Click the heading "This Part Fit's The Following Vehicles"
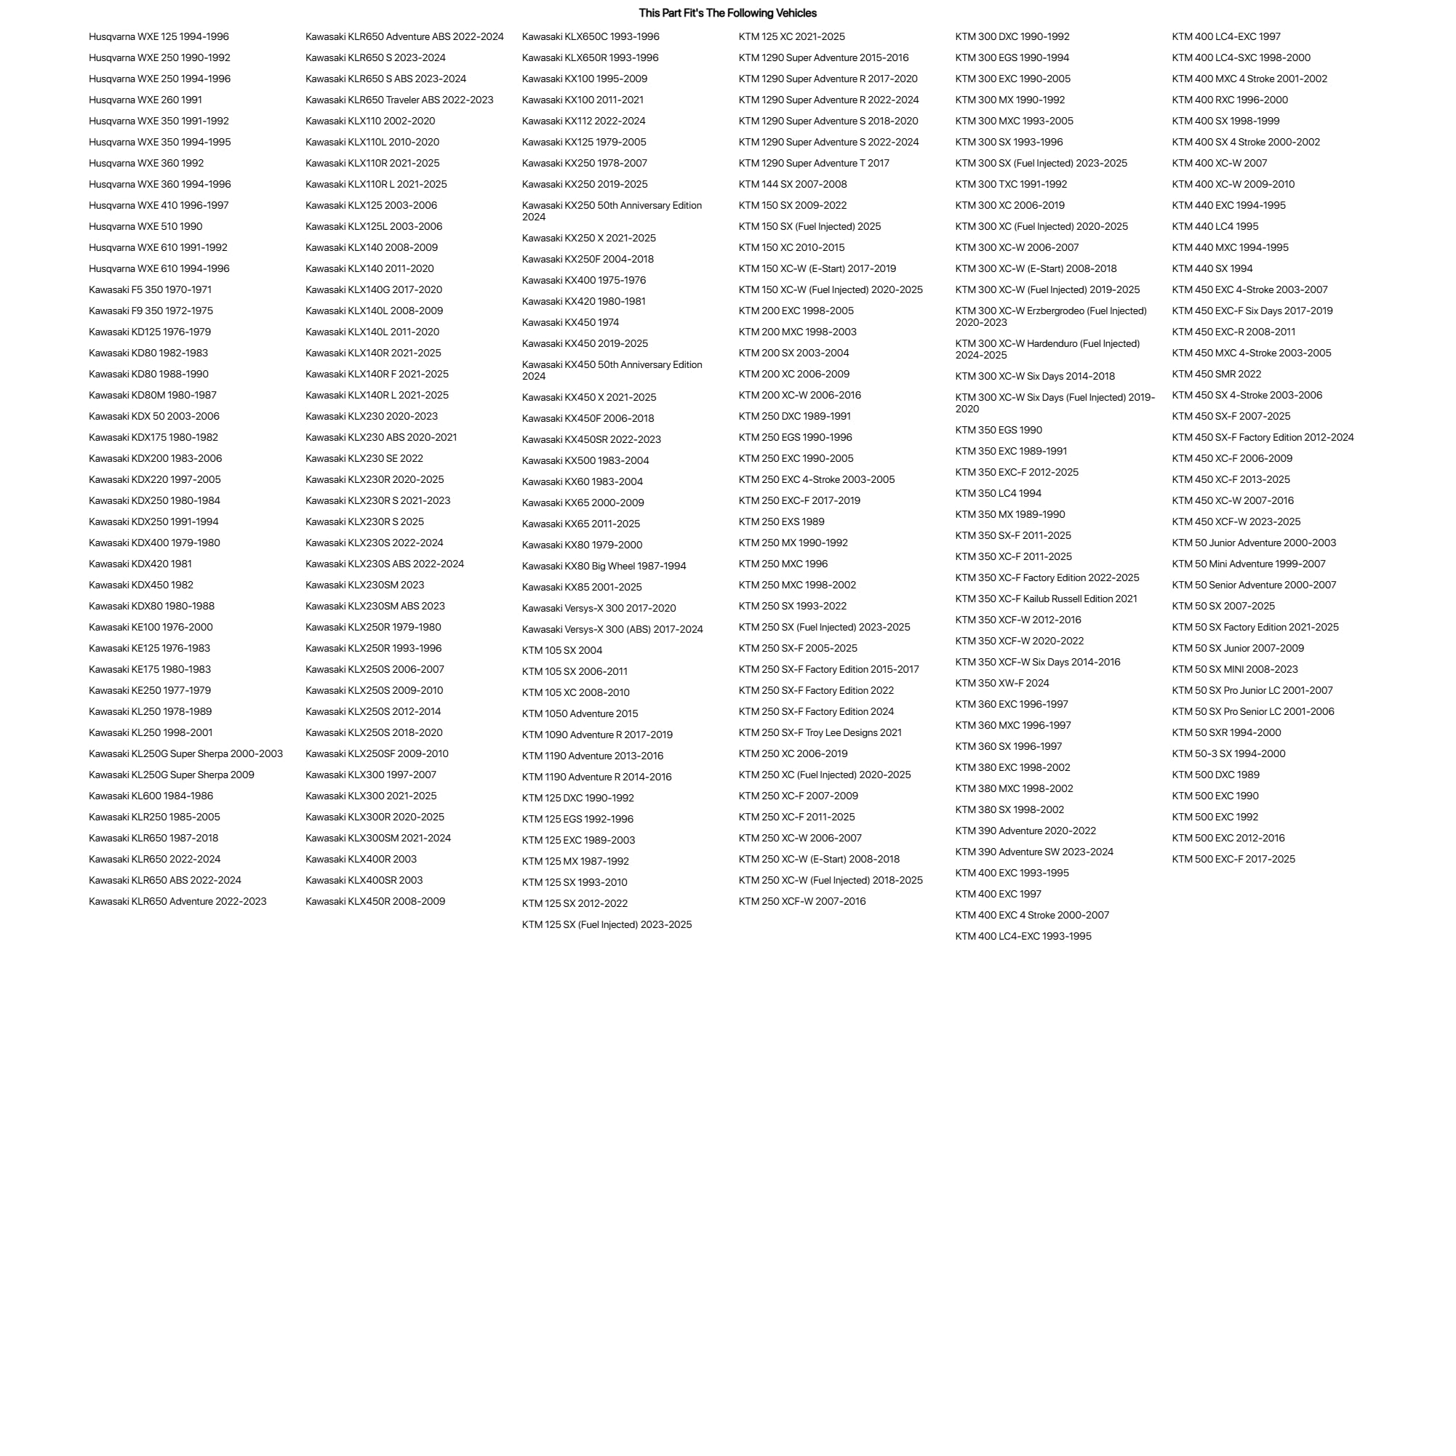click(x=727, y=13)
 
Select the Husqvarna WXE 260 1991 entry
click(x=145, y=100)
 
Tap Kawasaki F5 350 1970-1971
click(x=150, y=289)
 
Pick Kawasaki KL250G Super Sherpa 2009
click(x=171, y=775)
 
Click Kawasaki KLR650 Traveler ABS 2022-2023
click(x=399, y=100)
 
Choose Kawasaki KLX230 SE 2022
click(x=364, y=458)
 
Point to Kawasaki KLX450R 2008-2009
click(x=375, y=901)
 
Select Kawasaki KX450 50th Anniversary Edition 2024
click(x=611, y=370)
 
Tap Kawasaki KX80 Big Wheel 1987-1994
click(x=604, y=566)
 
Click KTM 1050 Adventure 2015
click(x=580, y=713)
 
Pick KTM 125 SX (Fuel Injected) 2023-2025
click(x=606, y=924)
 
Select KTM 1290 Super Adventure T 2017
click(x=813, y=163)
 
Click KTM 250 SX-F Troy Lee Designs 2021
click(x=819, y=732)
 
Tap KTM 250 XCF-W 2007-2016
click(x=802, y=901)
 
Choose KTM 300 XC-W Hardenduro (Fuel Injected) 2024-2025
click(x=1047, y=349)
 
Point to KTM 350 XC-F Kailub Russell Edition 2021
click(x=1045, y=599)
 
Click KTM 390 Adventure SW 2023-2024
click(x=1034, y=852)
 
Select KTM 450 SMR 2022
click(x=1215, y=374)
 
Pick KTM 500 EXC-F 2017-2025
click(x=1233, y=859)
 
